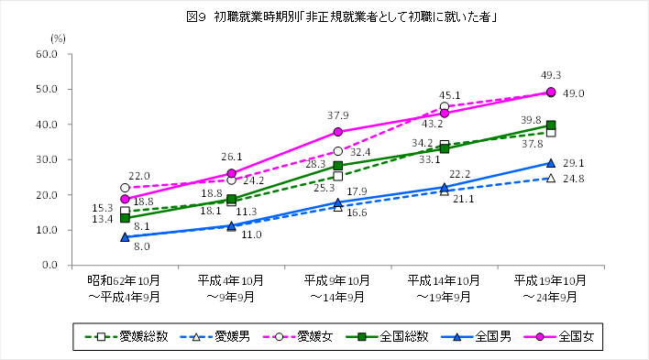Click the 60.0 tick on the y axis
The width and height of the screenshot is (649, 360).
click(x=71, y=54)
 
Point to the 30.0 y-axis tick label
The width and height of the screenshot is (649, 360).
click(x=71, y=159)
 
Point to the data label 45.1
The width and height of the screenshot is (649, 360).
click(x=450, y=95)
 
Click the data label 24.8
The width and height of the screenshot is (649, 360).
click(x=575, y=179)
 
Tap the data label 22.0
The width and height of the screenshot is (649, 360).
click(x=138, y=176)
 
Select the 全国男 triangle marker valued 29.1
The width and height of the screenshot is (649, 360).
click(x=551, y=163)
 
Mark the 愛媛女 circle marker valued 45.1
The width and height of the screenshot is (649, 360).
click(x=445, y=106)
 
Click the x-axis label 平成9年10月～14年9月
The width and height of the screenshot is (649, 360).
click(x=337, y=288)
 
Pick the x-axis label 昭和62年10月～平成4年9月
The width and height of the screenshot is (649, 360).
click(x=125, y=288)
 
